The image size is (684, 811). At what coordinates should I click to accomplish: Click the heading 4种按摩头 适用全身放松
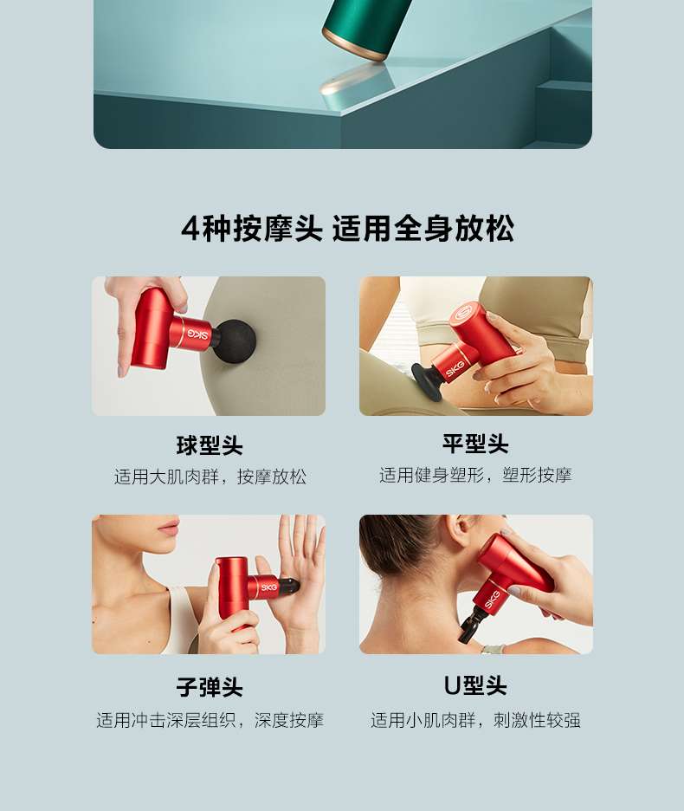(347, 228)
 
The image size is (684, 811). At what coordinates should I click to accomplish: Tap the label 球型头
(210, 445)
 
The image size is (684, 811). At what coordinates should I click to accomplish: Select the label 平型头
(475, 444)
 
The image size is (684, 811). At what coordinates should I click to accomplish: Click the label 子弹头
(210, 687)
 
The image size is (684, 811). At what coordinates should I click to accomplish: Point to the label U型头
(475, 686)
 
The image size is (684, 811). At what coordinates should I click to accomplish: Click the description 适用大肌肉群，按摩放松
(210, 477)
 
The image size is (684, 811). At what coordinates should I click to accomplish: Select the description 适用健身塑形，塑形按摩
(475, 475)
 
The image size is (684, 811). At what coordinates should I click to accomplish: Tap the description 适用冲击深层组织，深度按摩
(210, 720)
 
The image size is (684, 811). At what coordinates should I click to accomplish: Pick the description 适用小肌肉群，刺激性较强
(475, 720)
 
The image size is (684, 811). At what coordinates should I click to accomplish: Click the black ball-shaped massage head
(235, 341)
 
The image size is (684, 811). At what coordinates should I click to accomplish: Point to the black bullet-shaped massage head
(290, 587)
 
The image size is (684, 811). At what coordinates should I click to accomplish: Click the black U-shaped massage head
(472, 625)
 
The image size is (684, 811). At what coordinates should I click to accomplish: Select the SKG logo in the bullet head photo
(269, 587)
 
